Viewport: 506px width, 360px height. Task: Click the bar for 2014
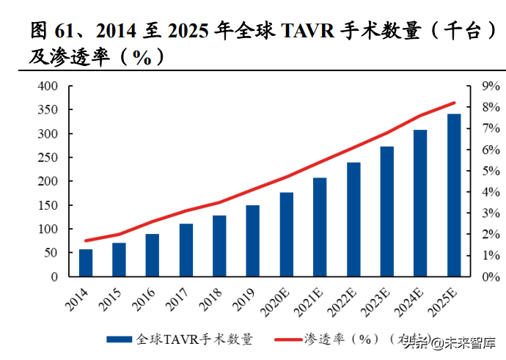point(86,263)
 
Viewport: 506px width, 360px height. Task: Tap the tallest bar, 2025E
point(454,196)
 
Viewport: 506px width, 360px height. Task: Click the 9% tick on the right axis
point(491,87)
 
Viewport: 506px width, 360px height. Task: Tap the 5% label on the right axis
point(491,171)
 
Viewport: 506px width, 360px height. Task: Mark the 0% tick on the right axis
point(491,277)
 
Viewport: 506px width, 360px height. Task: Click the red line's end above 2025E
point(454,103)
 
